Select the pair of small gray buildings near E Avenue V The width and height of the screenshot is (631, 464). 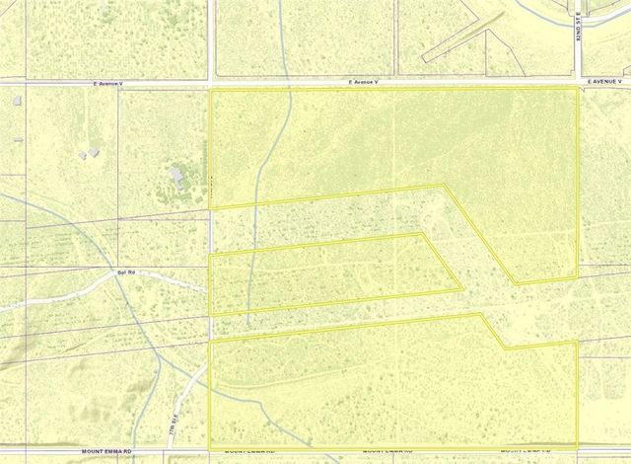point(91,153)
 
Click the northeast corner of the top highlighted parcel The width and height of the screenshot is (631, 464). point(577,89)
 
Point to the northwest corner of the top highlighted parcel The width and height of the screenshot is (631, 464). point(211,90)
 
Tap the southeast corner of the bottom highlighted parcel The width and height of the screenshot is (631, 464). point(576,443)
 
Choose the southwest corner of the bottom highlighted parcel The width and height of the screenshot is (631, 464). point(211,443)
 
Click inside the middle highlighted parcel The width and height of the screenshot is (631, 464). point(325,271)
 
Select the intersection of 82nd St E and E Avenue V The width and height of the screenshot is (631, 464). point(578,83)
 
